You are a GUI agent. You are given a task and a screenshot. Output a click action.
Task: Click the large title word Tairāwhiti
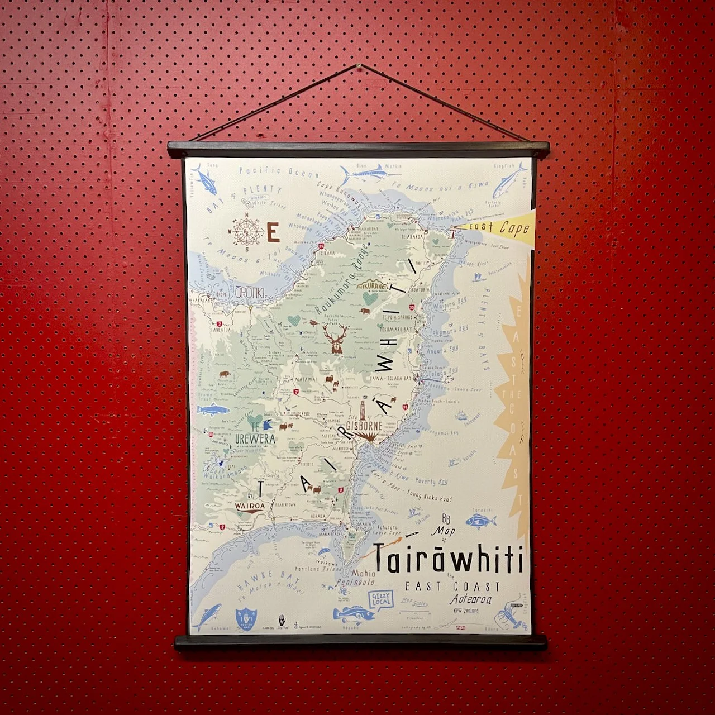click(x=449, y=558)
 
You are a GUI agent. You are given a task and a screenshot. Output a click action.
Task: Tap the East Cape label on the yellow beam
click(x=499, y=227)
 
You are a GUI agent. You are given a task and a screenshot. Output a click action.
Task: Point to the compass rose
click(x=244, y=231)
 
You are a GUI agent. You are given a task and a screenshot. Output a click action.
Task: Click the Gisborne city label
click(x=364, y=426)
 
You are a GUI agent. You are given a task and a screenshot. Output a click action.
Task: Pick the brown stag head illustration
click(x=336, y=339)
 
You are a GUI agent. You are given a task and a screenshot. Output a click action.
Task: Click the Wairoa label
click(x=249, y=506)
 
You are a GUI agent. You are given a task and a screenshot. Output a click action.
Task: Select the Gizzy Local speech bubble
click(x=383, y=600)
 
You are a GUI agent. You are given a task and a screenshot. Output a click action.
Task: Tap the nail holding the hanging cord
click(x=358, y=66)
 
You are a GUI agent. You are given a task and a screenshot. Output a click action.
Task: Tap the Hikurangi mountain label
click(x=373, y=285)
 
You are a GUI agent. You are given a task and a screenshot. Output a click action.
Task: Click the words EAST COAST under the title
click(x=452, y=587)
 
